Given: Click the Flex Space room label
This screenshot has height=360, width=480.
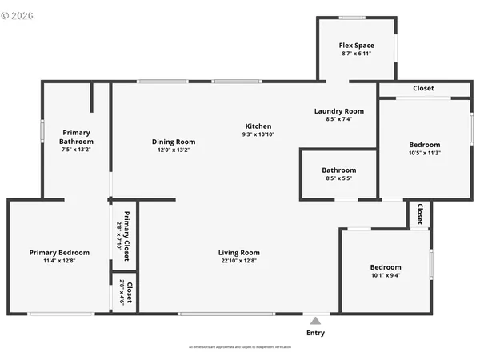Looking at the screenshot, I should coord(356,46).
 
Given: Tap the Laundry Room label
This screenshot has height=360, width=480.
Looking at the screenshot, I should coord(338,111).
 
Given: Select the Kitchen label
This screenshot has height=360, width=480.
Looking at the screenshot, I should coord(258,126).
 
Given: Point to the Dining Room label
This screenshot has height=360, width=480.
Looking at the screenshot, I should coord(174,142).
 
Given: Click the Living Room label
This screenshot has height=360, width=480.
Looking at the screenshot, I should coord(239,253).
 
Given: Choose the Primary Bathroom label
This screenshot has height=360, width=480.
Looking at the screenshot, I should coord(76,137).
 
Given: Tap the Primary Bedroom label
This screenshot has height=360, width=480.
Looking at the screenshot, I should coord(59,253).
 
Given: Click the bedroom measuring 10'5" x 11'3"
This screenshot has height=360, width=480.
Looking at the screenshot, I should coord(425,149).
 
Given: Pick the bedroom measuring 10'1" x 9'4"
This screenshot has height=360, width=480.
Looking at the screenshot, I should coord(385,271).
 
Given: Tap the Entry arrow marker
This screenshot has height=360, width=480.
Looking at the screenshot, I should coord(316,318).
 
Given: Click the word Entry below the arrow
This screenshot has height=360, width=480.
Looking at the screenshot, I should coord(316,333).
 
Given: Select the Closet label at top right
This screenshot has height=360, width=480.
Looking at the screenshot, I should coord(423,88).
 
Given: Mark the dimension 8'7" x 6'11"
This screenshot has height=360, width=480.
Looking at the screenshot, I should coord(356,53).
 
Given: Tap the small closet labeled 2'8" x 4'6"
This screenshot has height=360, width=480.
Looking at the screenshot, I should coord(126,293).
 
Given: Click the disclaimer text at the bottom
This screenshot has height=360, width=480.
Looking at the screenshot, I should coord(240,347).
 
